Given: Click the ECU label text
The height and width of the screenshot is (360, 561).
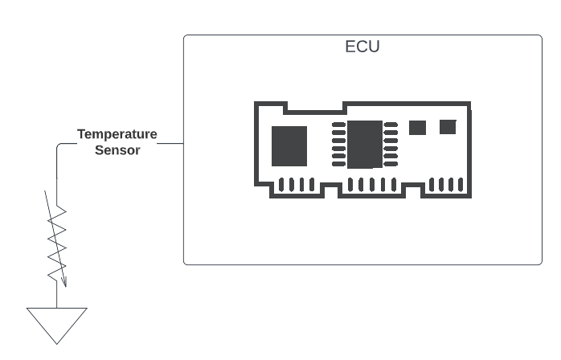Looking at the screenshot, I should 362,47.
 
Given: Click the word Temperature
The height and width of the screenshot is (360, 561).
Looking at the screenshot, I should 117,134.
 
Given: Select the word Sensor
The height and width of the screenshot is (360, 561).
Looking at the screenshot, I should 117,149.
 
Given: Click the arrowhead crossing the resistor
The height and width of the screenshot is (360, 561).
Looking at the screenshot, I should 63,281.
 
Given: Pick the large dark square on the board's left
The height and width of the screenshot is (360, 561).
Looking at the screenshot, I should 289,145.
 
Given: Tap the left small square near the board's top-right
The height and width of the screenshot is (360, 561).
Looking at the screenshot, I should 417,127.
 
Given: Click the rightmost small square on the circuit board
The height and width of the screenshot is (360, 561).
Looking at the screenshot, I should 448,126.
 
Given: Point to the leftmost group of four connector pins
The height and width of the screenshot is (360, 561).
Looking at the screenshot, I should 296,185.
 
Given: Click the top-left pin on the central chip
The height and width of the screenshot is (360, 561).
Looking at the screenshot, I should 338,125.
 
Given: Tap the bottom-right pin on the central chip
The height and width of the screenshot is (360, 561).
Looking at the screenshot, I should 391,164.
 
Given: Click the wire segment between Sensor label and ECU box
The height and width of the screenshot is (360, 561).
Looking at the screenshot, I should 170,144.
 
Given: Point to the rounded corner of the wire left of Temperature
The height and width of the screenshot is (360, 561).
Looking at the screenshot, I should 59,146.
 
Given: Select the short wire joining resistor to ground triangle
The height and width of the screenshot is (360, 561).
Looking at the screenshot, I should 57,295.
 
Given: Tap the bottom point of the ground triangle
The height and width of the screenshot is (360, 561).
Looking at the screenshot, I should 57,342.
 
